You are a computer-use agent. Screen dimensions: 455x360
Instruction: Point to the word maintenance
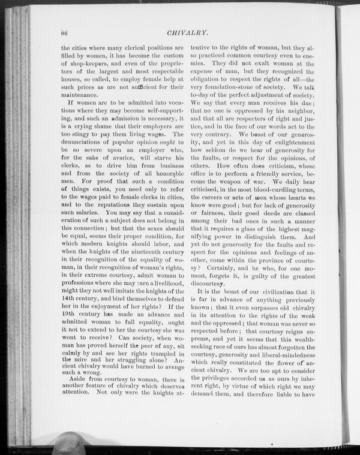click(80, 94)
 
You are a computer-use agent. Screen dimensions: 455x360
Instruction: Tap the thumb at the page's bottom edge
click(68, 444)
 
